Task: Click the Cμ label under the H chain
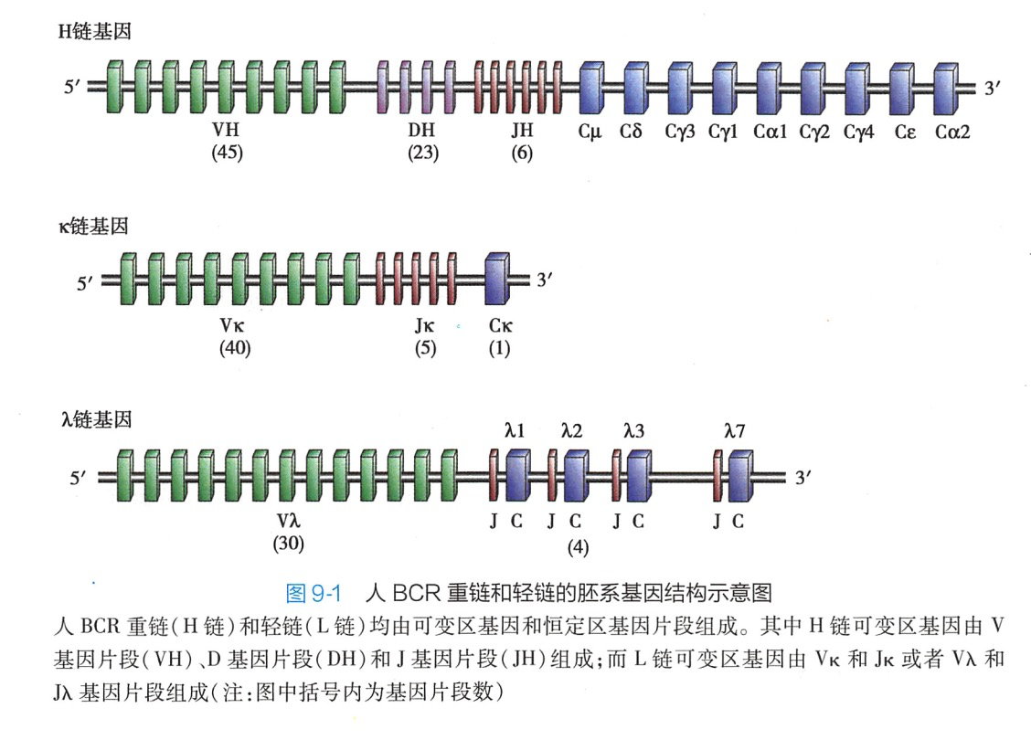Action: tap(590, 132)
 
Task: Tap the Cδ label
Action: tap(632, 132)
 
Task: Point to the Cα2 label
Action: tap(952, 132)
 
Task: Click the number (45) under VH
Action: tap(227, 153)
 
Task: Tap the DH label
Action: tap(422, 132)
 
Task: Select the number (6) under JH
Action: tap(522, 153)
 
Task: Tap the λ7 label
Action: tap(734, 430)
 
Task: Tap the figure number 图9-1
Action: tap(314, 593)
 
